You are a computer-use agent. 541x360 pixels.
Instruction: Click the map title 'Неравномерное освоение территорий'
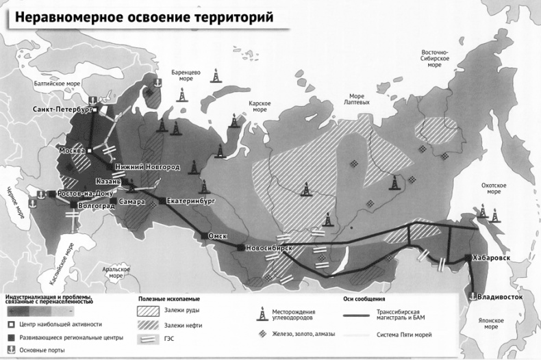point(140,16)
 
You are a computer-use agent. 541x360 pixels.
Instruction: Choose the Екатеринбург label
point(191,202)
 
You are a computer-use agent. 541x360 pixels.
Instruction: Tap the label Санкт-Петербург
point(62,109)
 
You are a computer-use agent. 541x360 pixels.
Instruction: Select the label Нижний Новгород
point(147,166)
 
